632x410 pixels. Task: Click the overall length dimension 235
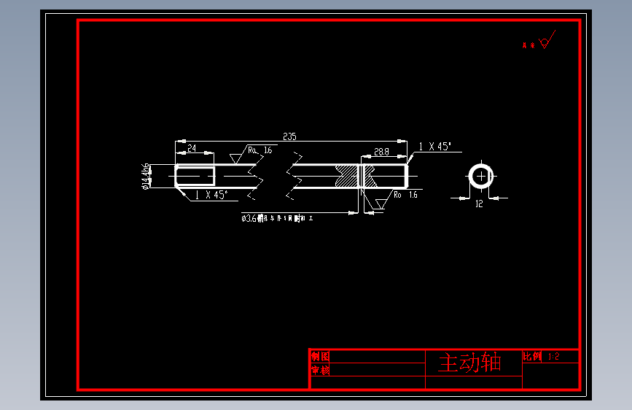[289, 136]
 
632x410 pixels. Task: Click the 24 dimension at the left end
[192, 148]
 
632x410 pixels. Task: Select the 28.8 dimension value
[381, 152]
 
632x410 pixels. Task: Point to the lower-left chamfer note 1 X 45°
[211, 195]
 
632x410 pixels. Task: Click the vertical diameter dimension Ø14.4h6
[147, 177]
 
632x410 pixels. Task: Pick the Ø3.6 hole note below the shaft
[278, 217]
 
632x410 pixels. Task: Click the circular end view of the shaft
[481, 176]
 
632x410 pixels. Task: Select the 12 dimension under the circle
[479, 204]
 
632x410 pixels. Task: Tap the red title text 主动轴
[469, 363]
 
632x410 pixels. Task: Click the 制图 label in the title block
[320, 357]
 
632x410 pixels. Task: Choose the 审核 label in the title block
[320, 371]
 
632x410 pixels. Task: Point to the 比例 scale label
[533, 357]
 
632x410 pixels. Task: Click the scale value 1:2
[553, 357]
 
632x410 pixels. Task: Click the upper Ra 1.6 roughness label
[260, 150]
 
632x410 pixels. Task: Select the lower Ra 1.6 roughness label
[405, 195]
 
